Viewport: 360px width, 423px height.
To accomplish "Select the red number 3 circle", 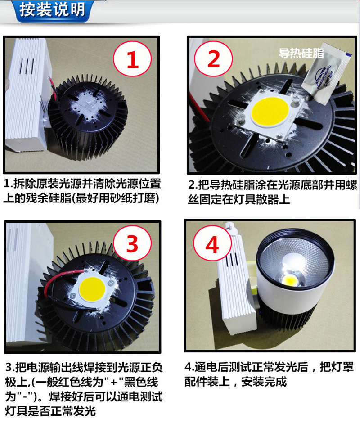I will tap(132, 244).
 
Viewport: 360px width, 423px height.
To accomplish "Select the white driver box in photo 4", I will tap(234, 292).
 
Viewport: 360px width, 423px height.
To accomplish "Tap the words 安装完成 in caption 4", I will tap(264, 382).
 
